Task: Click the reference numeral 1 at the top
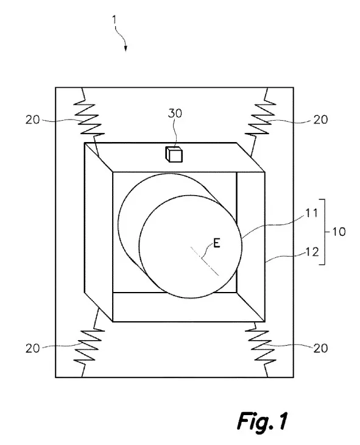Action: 115,20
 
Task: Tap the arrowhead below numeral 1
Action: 125,49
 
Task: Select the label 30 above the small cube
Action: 175,113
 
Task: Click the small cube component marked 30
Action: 174,155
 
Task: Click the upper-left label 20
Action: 33,119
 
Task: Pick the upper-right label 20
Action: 320,119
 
